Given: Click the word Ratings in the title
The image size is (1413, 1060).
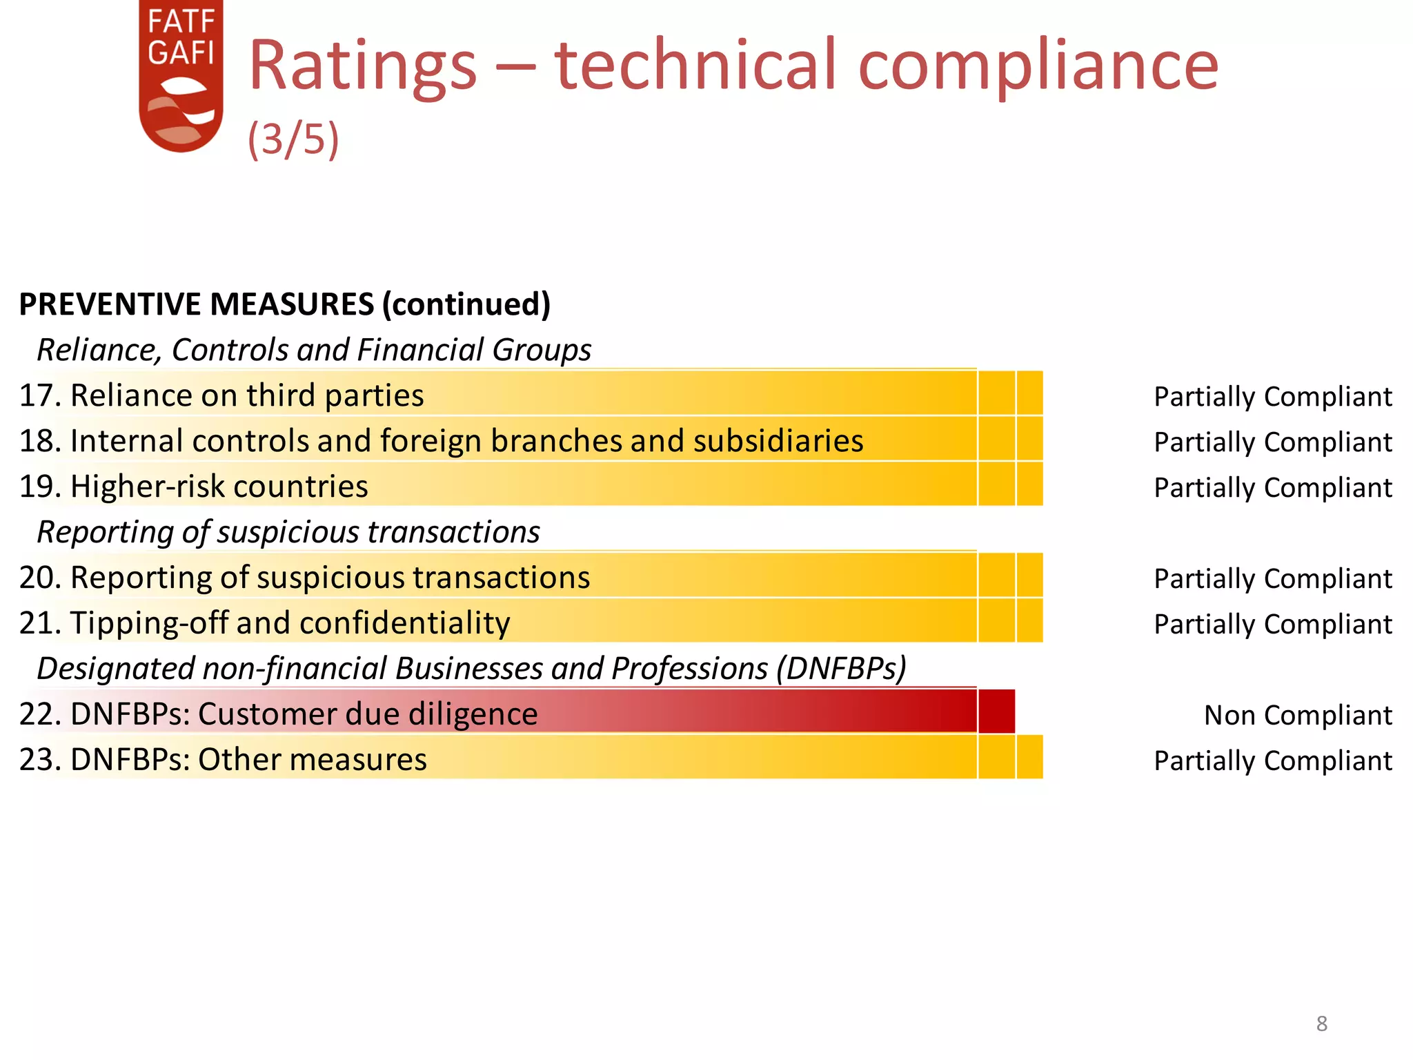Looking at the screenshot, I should [362, 66].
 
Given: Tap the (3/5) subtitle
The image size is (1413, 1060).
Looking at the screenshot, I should [293, 139].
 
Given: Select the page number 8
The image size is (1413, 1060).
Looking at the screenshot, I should [1321, 1023].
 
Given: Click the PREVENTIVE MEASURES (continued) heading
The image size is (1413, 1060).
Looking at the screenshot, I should [284, 304].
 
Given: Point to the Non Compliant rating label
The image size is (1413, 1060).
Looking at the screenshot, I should [1298, 715].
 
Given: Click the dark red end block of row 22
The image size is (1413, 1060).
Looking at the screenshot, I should [996, 711].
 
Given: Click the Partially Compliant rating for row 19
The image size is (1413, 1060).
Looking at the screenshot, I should [1273, 487].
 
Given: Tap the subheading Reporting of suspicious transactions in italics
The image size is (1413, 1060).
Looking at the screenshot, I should [288, 532].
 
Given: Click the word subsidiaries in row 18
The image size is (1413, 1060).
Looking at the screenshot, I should [778, 441].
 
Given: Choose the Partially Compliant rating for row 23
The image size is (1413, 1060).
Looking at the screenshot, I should [1273, 760].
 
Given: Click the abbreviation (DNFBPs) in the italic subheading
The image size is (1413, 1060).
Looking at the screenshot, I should [841, 668].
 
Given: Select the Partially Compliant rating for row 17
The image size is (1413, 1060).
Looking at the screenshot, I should [1273, 396].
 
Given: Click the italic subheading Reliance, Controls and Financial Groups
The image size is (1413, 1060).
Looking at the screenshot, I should [314, 350].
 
